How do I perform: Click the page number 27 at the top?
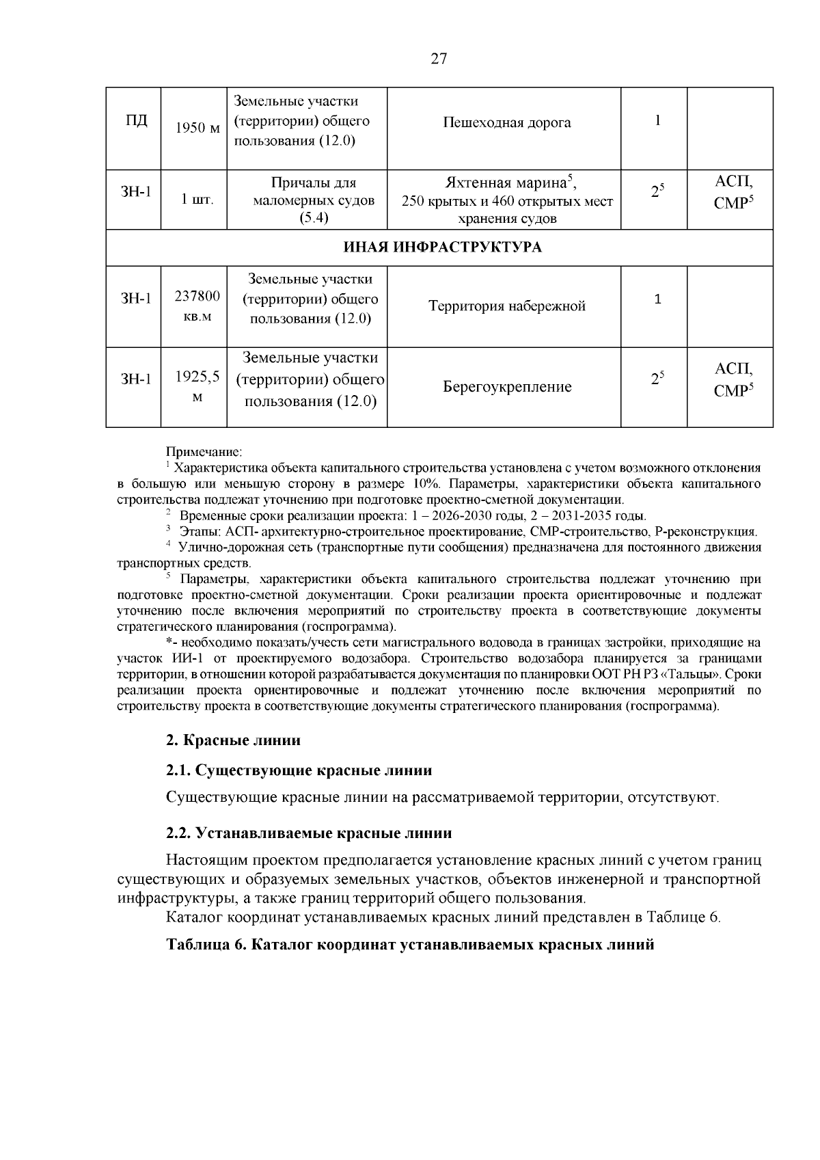coord(438,59)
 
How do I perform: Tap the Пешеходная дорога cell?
coord(506,123)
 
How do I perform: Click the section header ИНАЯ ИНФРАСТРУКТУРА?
coord(441,247)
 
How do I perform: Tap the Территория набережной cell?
coord(506,306)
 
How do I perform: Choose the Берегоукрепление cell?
coord(506,388)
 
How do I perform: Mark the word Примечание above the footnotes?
coord(204,452)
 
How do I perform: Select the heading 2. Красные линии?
coord(233,740)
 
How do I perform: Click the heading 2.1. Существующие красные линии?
coord(299,770)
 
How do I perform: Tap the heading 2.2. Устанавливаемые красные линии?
coord(309,833)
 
